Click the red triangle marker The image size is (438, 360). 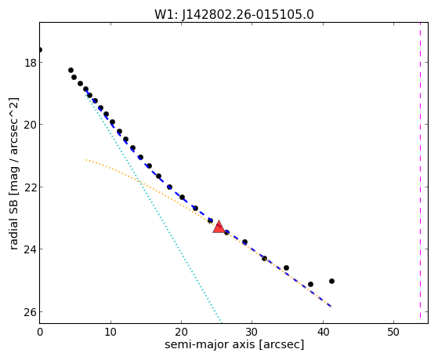click(219, 227)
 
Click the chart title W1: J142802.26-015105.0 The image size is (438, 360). click(234, 14)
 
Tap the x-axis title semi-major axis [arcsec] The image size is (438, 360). click(234, 344)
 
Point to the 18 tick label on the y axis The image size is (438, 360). click(31, 63)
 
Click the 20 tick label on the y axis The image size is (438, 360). click(31, 125)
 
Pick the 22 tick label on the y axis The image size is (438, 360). click(31, 187)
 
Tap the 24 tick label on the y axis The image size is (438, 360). click(31, 249)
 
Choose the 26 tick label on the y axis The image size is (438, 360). click(31, 311)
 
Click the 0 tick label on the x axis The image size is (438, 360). click(40, 332)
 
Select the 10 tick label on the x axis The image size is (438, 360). click(110, 332)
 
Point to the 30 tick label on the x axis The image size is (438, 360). click(252, 332)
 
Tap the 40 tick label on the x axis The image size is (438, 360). click(323, 332)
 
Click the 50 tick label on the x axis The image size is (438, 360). click(393, 332)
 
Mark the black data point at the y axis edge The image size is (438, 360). click(40, 49)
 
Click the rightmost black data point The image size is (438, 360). click(331, 281)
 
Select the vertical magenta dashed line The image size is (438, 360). click(420, 171)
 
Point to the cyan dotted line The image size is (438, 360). click(153, 208)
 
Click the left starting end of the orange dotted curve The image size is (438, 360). click(86, 160)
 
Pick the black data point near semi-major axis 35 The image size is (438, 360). click(286, 268)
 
